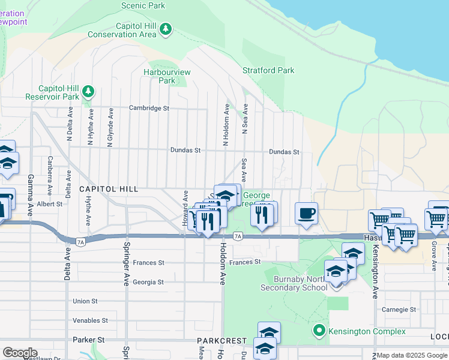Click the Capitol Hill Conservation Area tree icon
(x=165, y=29)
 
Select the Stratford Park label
(x=268, y=70)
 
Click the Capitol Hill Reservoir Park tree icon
(x=88, y=91)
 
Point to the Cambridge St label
(x=149, y=109)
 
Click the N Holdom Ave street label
(x=226, y=125)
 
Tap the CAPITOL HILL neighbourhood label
(x=109, y=189)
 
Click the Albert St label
(x=50, y=204)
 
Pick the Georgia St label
(x=148, y=282)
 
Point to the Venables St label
(x=90, y=320)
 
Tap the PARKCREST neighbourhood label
(x=222, y=340)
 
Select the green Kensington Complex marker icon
(x=319, y=331)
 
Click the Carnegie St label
(x=399, y=310)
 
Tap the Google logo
(x=20, y=353)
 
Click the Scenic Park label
(x=143, y=5)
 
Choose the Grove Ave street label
(x=433, y=256)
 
